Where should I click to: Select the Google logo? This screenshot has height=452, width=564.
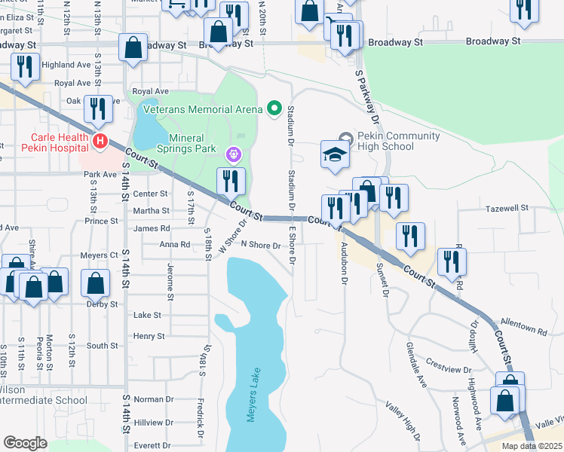pyautogui.click(x=25, y=443)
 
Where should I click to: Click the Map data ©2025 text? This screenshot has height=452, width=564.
pyautogui.click(x=532, y=446)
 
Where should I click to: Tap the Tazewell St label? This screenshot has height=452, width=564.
pyautogui.click(x=503, y=208)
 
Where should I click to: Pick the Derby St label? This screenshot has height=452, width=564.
pyautogui.click(x=103, y=304)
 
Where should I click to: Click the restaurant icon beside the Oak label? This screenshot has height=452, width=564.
pyautogui.click(x=98, y=109)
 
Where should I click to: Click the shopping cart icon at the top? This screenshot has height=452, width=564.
pyautogui.click(x=176, y=5)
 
